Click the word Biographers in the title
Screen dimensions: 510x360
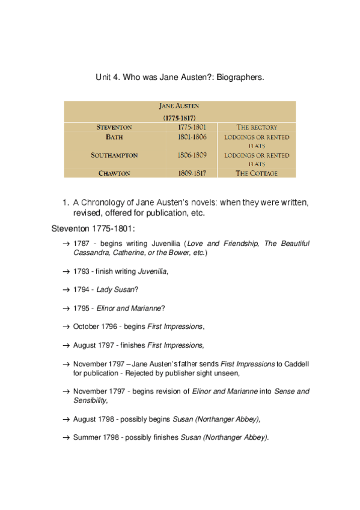pyautogui.click(x=239, y=78)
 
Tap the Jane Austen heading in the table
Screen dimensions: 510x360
pyautogui.click(x=179, y=106)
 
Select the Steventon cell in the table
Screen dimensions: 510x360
pyautogui.click(x=114, y=127)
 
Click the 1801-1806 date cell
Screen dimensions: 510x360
pyautogui.click(x=192, y=137)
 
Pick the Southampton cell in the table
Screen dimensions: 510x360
pyautogui.click(x=114, y=155)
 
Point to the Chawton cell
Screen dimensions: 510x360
pyautogui.click(x=114, y=173)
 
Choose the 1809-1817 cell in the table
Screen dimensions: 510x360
pyautogui.click(x=192, y=173)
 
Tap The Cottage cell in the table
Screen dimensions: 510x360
pyautogui.click(x=257, y=173)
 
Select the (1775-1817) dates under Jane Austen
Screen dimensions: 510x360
pyautogui.click(x=179, y=118)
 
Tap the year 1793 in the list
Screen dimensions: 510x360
pyautogui.click(x=81, y=271)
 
